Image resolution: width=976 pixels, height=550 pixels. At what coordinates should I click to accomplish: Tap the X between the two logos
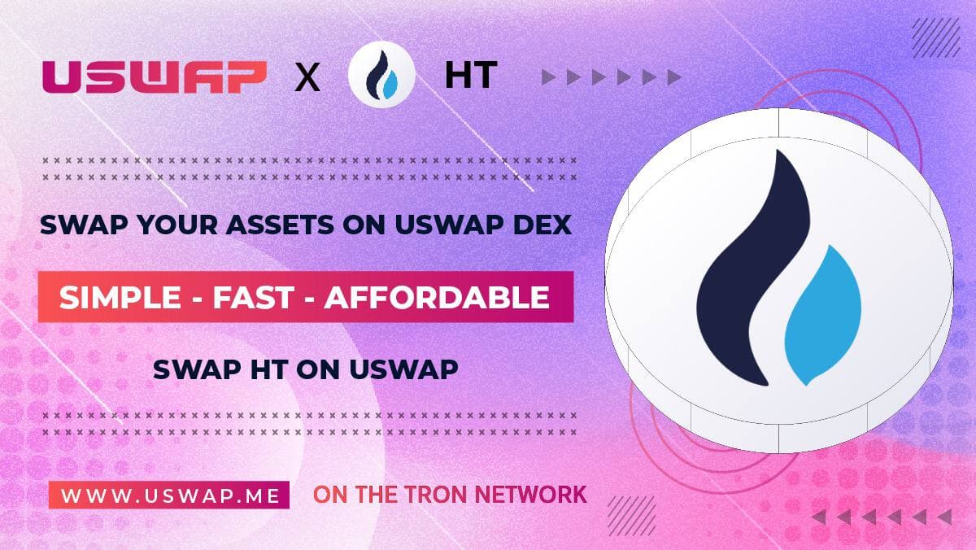pos(307,78)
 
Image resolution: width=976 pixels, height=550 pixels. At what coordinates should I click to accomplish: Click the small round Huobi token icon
pos(381,77)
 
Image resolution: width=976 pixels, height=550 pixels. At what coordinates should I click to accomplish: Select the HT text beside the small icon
pos(470,76)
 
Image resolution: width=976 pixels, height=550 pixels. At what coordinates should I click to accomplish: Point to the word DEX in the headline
pos(542,225)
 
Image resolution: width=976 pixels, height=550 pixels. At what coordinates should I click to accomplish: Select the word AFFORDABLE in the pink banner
pos(437,297)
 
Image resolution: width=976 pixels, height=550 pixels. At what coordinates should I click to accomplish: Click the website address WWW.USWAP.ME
pos(168,494)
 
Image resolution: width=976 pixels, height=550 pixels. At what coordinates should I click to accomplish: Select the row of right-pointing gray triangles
pos(611,78)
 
